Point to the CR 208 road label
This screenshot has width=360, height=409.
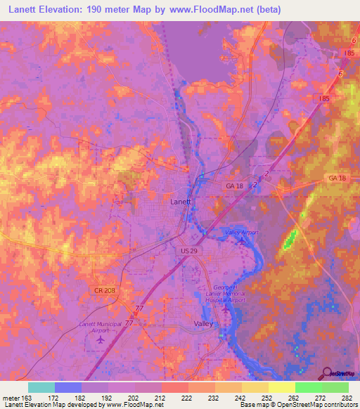pos(100,290)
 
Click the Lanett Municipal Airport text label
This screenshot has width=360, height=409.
pos(98,327)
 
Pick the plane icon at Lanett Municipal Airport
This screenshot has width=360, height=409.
pos(98,339)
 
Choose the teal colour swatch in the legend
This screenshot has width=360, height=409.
pos(41,387)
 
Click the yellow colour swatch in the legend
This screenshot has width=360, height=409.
pos(282,387)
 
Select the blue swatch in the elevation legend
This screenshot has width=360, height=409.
pos(68,387)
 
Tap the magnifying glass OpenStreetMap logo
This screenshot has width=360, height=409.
pos(325,372)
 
